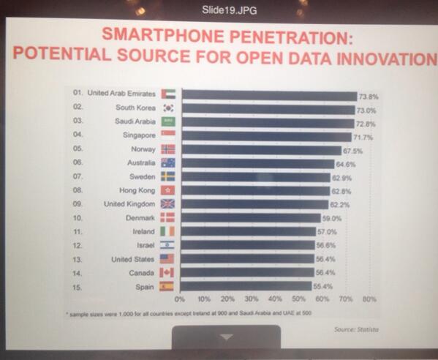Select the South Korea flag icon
(167, 108)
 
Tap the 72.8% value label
(366, 124)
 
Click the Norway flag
(167, 149)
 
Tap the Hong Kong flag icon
(167, 190)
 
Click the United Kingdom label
(129, 203)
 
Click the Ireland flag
(167, 231)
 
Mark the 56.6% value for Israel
(326, 246)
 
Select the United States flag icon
(167, 259)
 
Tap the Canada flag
(167, 272)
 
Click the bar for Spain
(246, 287)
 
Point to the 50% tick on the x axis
(299, 300)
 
